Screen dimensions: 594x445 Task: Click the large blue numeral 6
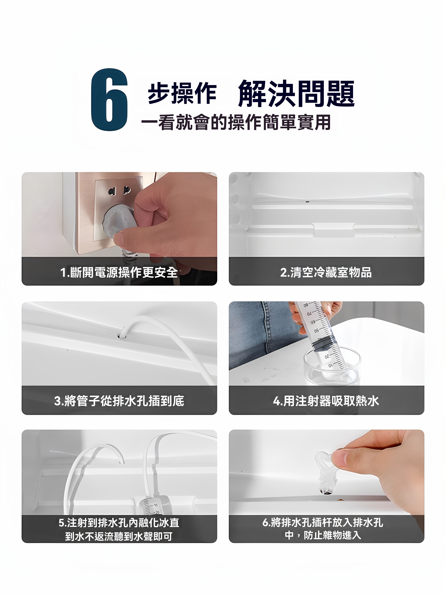click(x=109, y=100)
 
